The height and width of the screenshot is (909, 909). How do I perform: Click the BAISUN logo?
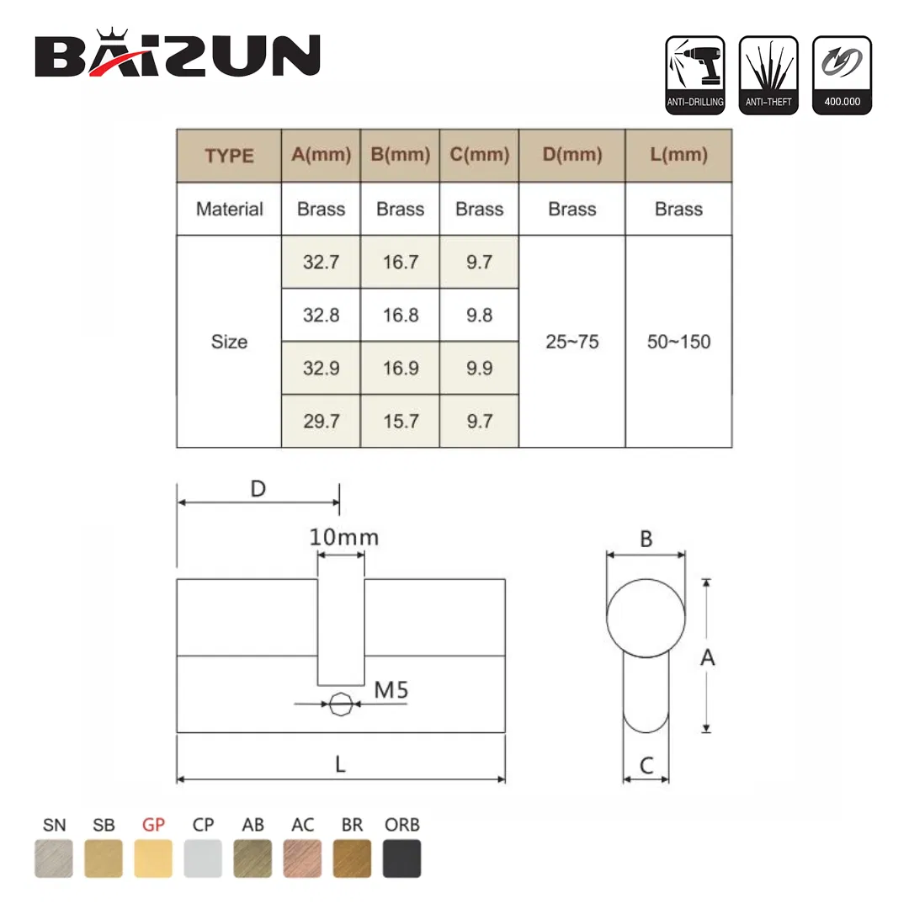(x=178, y=55)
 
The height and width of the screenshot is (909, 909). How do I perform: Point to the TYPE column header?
(x=229, y=156)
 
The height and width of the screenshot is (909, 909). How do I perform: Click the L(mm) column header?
(x=678, y=155)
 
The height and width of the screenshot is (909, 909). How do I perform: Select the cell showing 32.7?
(x=321, y=262)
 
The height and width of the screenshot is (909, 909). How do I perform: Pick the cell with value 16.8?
(x=400, y=315)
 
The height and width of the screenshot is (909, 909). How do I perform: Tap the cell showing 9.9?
(x=479, y=368)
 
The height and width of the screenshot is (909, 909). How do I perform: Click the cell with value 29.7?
(x=321, y=421)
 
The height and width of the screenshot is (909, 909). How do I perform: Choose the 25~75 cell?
(x=571, y=342)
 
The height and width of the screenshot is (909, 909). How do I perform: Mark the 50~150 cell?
(x=678, y=342)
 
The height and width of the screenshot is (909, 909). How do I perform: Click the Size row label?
(x=229, y=342)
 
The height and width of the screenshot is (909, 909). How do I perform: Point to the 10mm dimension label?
(x=344, y=537)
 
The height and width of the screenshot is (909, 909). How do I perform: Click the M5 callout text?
(x=391, y=690)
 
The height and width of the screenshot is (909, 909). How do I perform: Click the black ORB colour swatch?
(x=401, y=858)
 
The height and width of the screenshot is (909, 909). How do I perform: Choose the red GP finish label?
(x=153, y=825)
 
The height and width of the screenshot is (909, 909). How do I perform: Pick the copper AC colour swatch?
(x=302, y=858)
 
